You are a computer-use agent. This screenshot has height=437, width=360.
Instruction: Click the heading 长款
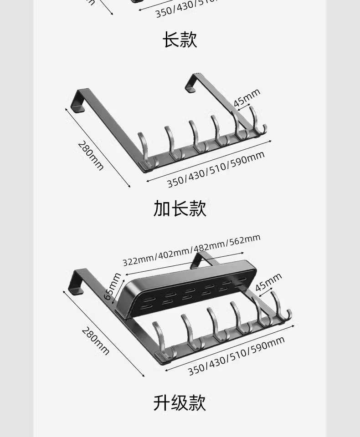click(180, 40)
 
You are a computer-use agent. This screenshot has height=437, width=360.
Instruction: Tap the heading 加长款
click(180, 208)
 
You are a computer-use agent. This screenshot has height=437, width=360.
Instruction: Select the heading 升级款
click(180, 403)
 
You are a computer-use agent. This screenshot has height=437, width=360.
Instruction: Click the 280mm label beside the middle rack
click(91, 156)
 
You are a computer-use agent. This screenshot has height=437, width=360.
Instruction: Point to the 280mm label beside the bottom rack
click(96, 341)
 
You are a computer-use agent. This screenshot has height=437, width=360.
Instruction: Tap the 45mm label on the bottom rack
click(268, 282)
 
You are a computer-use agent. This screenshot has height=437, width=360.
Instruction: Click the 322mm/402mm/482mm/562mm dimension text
click(191, 250)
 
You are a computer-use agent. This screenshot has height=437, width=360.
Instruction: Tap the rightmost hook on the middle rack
click(257, 121)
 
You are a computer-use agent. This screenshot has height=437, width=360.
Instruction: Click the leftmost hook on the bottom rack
click(159, 339)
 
